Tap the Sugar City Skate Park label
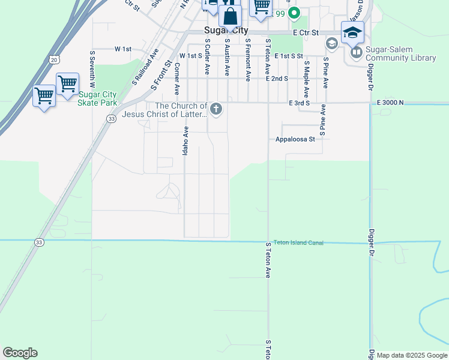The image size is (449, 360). click(97, 99)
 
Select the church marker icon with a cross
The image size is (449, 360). click(217, 109)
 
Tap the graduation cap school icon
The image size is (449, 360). click(352, 32)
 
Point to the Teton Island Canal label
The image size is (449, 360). click(298, 242)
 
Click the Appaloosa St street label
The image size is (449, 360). click(295, 139)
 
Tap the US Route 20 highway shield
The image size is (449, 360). click(55, 59)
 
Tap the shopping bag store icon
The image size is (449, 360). click(230, 16)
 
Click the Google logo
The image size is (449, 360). click(20, 353)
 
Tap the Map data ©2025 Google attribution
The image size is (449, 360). click(412, 355)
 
